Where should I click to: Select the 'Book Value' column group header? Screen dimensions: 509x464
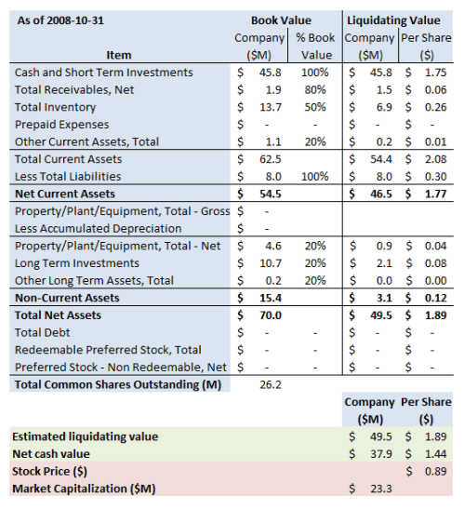point(281,20)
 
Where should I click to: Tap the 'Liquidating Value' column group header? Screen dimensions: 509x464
point(393,20)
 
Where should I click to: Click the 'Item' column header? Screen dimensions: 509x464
point(119,55)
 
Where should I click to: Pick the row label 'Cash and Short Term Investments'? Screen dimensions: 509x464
point(104,73)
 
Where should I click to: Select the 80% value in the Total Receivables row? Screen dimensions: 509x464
point(314,90)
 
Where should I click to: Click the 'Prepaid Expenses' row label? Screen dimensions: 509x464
point(62,125)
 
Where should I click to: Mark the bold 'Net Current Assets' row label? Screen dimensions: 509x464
point(65,194)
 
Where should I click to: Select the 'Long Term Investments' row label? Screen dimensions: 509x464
point(77,263)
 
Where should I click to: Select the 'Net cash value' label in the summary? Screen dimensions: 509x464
point(55,453)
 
